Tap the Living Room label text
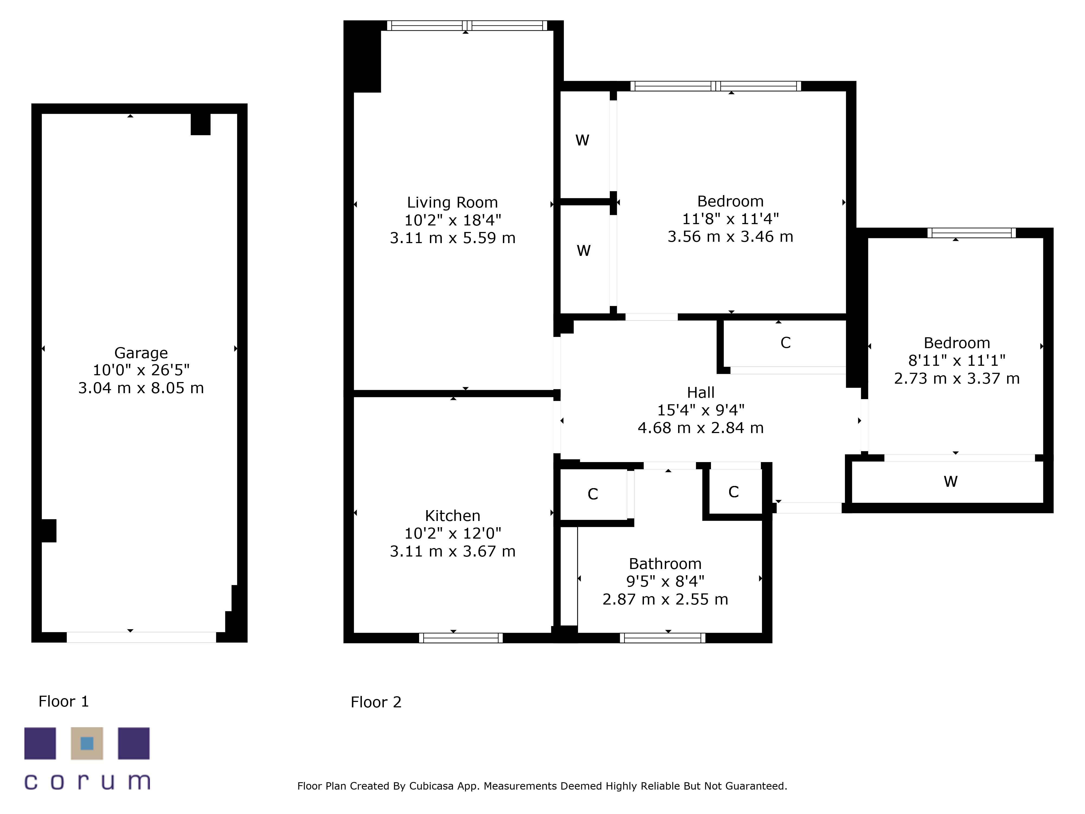point(452,202)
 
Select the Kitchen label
point(452,516)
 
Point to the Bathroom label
point(665,564)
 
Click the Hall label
point(700,393)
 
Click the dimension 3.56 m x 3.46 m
point(730,237)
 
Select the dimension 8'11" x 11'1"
point(956,361)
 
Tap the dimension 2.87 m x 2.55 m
point(665,599)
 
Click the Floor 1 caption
point(64,702)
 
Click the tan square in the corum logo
point(87,743)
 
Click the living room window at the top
point(467,26)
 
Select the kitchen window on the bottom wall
point(461,638)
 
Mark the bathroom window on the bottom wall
point(663,638)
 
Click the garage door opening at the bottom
point(141,637)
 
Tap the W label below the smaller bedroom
point(951,481)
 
